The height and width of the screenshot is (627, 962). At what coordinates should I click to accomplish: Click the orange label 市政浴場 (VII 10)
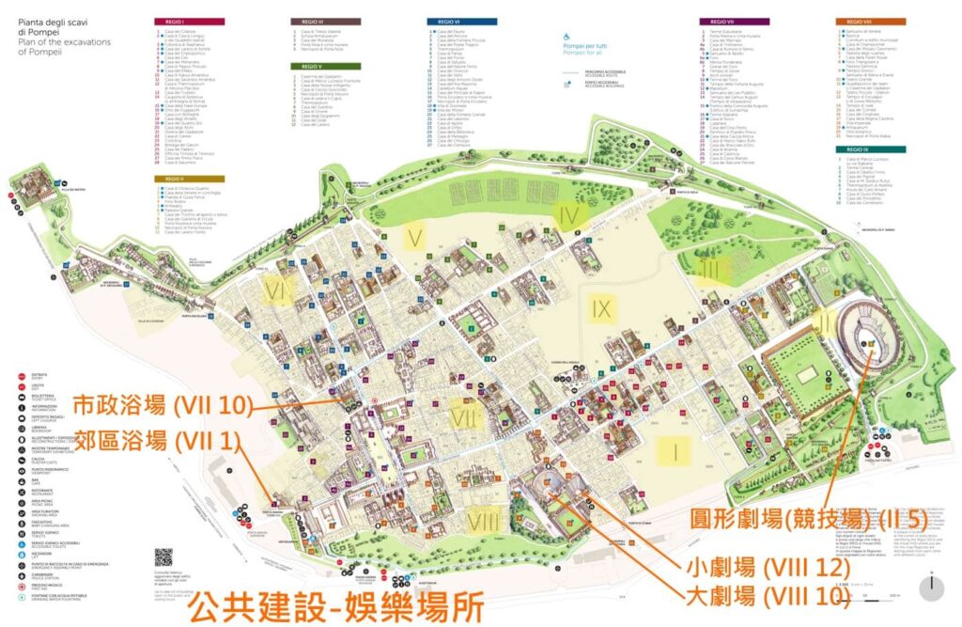(163, 405)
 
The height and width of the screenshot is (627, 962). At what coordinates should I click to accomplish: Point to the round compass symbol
(930, 587)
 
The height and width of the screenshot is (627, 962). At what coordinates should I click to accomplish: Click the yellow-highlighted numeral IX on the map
(602, 307)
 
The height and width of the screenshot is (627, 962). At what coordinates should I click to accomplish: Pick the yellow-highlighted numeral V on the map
(413, 236)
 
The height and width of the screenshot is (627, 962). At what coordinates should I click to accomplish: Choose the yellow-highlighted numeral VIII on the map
(483, 520)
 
